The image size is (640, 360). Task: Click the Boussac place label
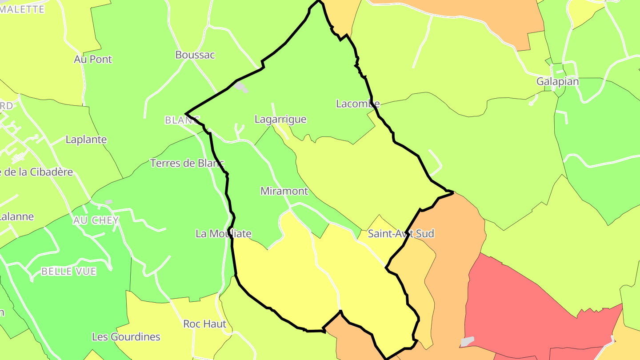195,55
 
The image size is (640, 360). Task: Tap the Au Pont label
93,59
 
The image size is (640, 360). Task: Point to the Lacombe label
358,104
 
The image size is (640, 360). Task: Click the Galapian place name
557,82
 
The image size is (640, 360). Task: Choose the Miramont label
284,191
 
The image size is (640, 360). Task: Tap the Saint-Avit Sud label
401,234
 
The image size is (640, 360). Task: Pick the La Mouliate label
224,234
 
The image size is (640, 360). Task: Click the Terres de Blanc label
187,163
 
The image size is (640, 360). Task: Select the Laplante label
86,140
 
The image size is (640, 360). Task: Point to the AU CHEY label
96,220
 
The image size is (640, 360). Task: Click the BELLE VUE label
68,272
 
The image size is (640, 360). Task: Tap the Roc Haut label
205,324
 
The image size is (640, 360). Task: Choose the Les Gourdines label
126,337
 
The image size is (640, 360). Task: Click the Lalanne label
17,217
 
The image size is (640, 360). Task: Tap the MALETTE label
22,9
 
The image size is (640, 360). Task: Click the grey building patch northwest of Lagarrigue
241,86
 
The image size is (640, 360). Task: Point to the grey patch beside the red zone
467,341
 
